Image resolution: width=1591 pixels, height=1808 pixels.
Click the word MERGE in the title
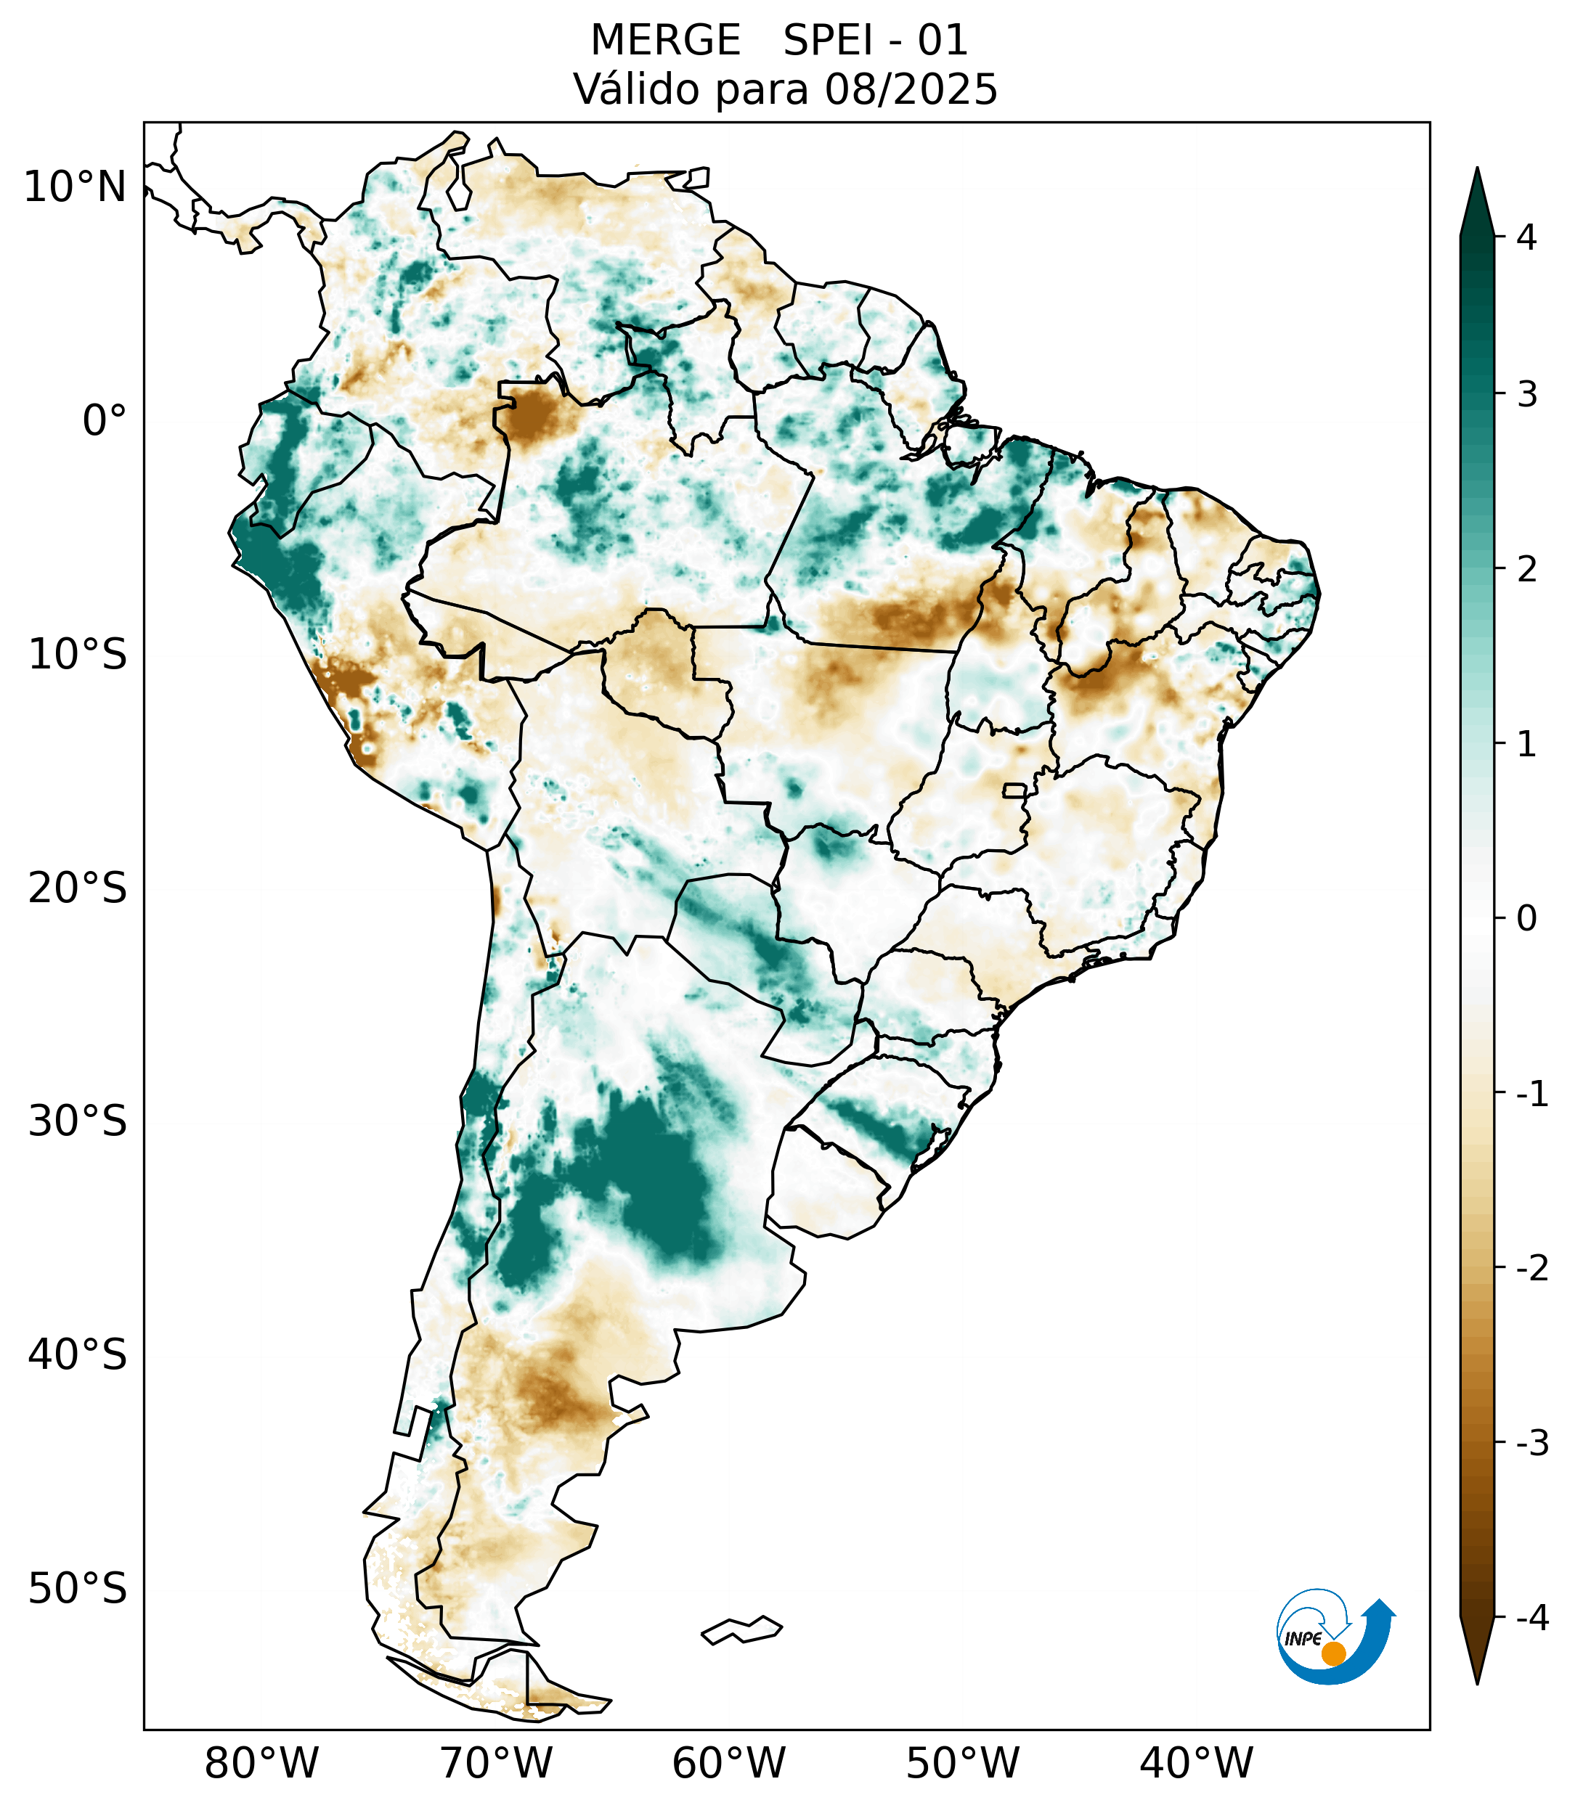664,41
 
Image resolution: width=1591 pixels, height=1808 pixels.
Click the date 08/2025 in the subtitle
911,89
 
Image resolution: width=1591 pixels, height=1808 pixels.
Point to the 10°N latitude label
74,187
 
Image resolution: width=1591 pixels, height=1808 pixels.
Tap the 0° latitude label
105,421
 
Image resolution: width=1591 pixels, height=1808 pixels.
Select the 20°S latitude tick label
78,888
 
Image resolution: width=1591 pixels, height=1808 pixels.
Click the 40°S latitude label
78,1355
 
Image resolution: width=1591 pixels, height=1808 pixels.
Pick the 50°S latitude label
78,1590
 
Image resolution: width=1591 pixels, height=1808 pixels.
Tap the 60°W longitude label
728,1764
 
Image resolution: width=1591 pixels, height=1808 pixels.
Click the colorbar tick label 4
1526,237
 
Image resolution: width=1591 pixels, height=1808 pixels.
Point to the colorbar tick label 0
1526,919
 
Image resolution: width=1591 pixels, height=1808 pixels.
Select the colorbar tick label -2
1531,1269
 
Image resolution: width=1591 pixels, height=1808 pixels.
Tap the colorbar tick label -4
1531,1619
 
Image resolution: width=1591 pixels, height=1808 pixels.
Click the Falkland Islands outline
741,1629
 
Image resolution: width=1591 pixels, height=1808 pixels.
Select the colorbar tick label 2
1526,570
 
